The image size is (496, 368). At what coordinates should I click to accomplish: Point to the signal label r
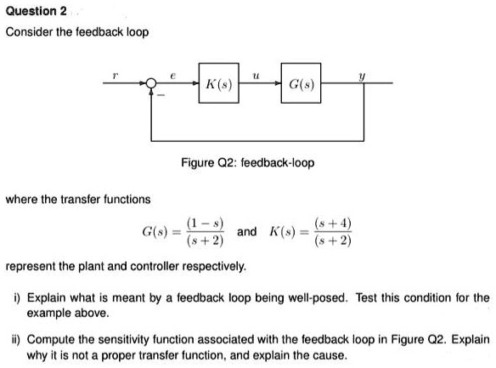116,76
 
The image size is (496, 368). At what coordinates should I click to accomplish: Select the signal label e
172,76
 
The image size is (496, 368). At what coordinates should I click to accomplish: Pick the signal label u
256,76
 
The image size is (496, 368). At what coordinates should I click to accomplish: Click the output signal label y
362,76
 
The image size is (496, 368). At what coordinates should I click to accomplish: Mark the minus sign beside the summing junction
161,95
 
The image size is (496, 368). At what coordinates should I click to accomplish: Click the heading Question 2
36,11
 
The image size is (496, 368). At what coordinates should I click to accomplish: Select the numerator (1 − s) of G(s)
206,224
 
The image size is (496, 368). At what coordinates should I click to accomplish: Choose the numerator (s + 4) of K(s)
333,224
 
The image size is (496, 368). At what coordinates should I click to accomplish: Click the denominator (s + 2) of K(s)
333,241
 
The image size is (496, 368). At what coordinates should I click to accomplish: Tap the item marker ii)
16,340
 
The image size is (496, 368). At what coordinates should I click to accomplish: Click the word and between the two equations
247,232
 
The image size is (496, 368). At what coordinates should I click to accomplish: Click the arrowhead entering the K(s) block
196,83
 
